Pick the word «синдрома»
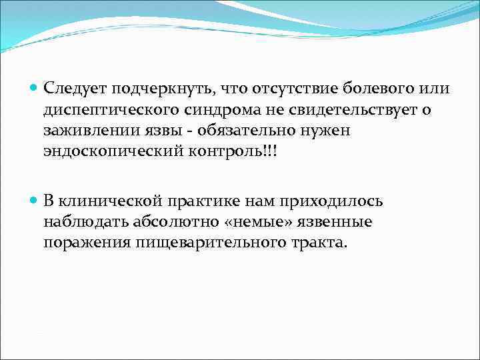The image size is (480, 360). [x=214, y=110]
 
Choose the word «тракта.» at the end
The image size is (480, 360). [x=322, y=243]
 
